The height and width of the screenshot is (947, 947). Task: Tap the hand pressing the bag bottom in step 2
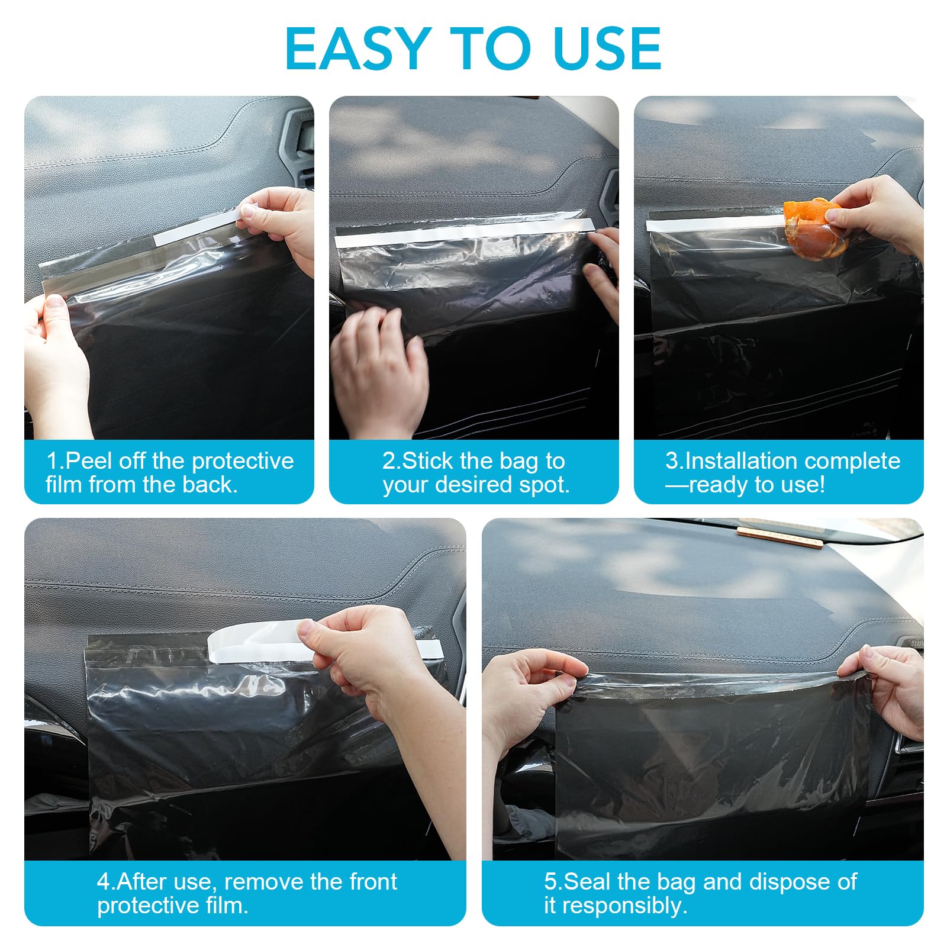pos(379,367)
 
